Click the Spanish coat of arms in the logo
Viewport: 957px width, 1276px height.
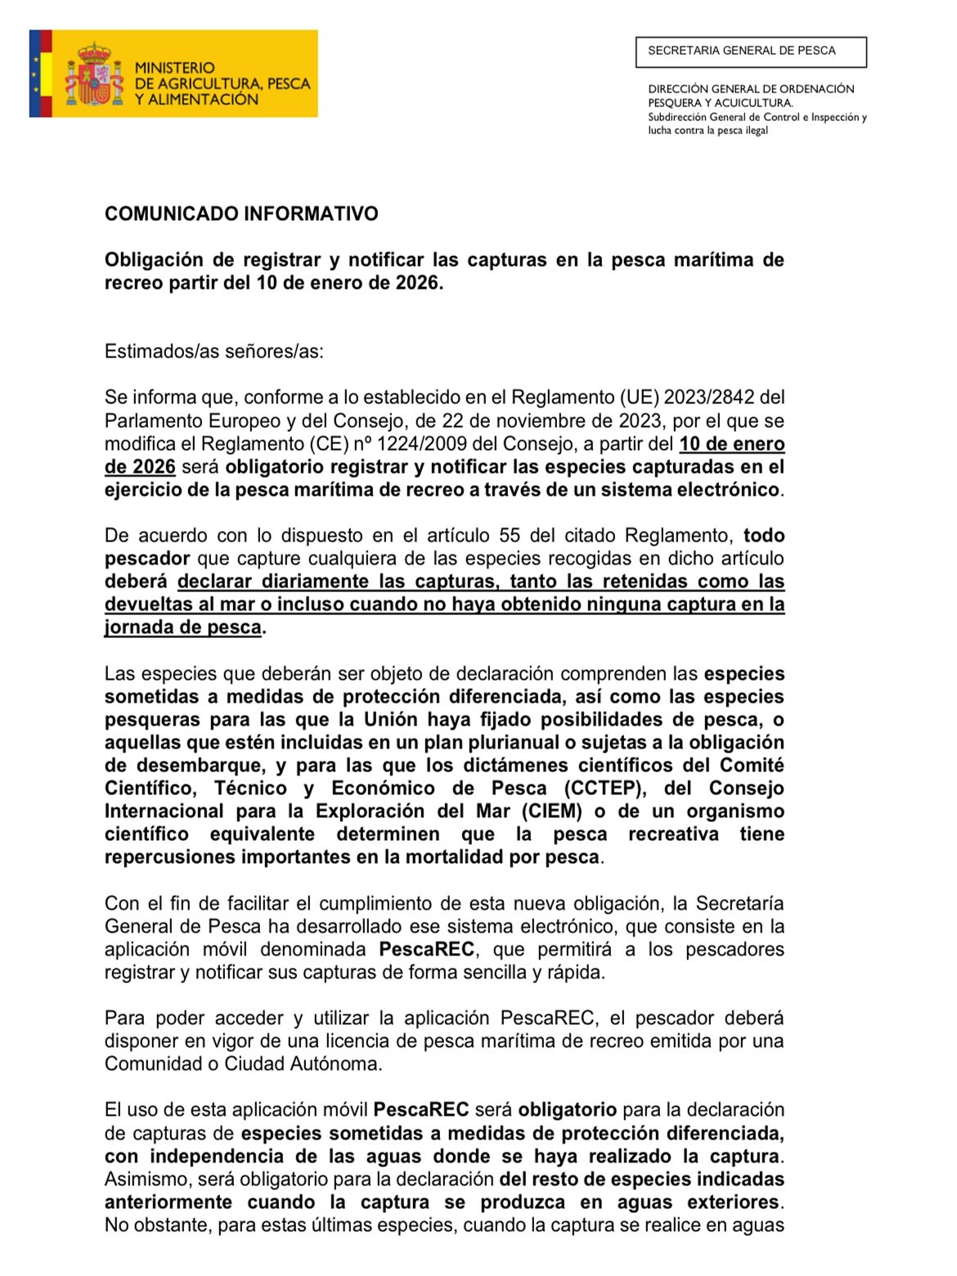[95, 74]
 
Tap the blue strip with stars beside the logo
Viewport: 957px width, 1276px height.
[35, 74]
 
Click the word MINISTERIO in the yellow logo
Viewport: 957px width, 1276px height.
[174, 68]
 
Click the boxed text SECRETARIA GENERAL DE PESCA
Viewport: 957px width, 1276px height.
[742, 51]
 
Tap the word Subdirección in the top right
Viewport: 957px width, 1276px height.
[677, 117]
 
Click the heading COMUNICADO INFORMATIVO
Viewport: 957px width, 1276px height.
[241, 214]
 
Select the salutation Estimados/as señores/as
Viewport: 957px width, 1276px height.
[214, 352]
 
